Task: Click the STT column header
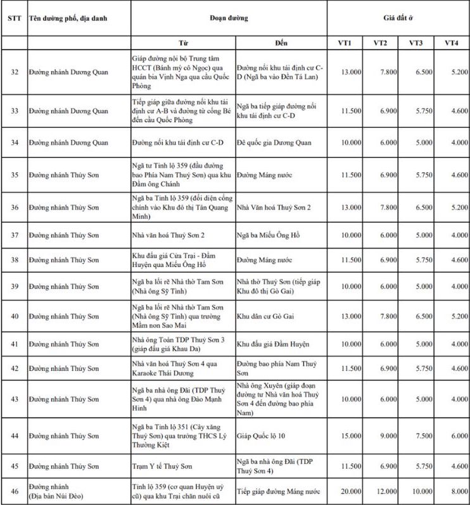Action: pos(14,18)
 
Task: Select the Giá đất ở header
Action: pos(398,18)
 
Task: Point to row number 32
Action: pos(14,72)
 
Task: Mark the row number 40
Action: pos(14,316)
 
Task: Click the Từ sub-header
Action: pos(183,43)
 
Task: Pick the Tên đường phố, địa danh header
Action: pos(68,18)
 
